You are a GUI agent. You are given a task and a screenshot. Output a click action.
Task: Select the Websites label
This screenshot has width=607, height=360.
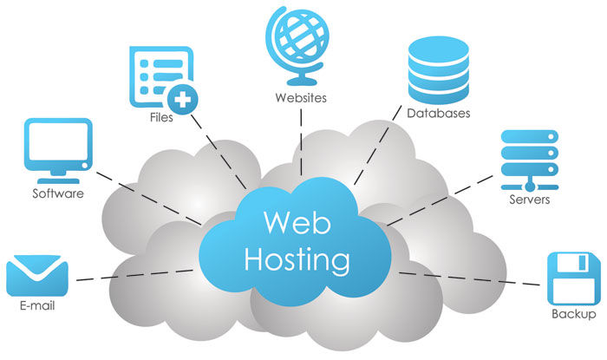(x=301, y=97)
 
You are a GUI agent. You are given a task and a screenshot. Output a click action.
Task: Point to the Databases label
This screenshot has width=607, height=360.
(x=438, y=113)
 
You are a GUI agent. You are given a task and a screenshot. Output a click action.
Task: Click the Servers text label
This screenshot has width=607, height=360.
(x=530, y=200)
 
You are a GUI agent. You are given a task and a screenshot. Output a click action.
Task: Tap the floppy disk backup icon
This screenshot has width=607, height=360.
(x=572, y=276)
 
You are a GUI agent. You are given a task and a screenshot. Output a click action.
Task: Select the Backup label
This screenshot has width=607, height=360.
(x=574, y=314)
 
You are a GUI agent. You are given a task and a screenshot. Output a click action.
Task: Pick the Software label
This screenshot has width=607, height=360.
(x=58, y=193)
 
